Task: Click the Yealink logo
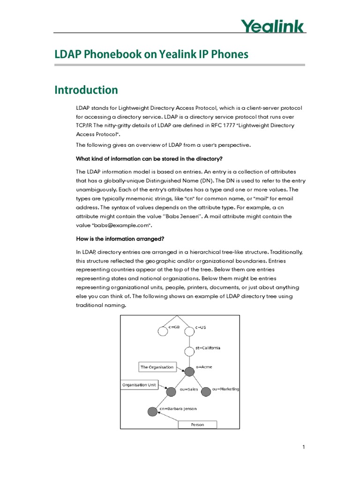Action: pyautogui.click(x=272, y=26)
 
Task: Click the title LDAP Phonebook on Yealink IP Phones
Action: pyautogui.click(x=151, y=55)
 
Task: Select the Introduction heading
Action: pyautogui.click(x=86, y=90)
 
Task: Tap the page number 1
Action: pyautogui.click(x=303, y=447)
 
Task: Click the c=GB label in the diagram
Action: pyautogui.click(x=174, y=327)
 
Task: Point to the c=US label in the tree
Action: pyautogui.click(x=201, y=327)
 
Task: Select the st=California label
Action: pyautogui.click(x=208, y=348)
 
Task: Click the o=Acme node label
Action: pyautogui.click(x=204, y=367)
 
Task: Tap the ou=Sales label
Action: pyautogui.click(x=189, y=389)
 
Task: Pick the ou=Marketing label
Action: pyautogui.click(x=225, y=389)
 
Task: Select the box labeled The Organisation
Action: pyautogui.click(x=157, y=367)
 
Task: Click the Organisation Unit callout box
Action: pyautogui.click(x=139, y=385)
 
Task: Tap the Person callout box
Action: pyautogui.click(x=197, y=425)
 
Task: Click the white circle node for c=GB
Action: pyautogui.click(x=163, y=331)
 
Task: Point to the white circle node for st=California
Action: pyautogui.click(x=189, y=352)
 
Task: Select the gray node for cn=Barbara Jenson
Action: pyautogui.click(x=152, y=412)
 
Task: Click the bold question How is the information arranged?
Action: pyautogui.click(x=120, y=239)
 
